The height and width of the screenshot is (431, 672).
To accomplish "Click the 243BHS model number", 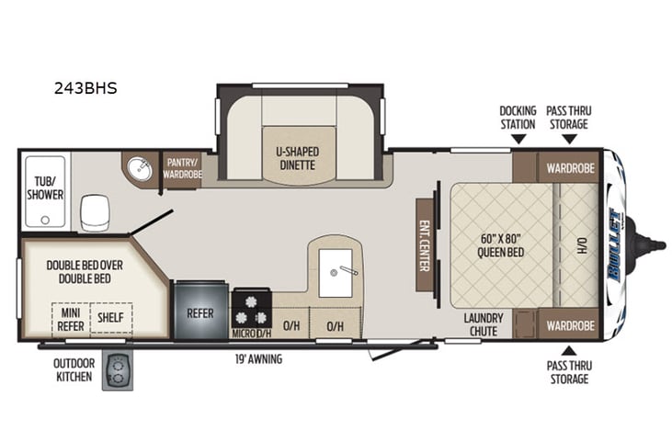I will coord(84,89).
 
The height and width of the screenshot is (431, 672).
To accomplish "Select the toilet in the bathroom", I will coord(96,213).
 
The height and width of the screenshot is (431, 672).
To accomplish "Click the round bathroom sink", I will coord(141,170).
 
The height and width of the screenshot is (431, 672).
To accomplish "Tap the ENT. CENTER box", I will coord(425,245).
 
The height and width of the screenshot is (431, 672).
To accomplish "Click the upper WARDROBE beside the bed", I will coord(569,168).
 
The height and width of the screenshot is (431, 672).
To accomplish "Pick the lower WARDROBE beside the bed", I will coord(569,325).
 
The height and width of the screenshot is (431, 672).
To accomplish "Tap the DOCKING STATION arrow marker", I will coord(518,140).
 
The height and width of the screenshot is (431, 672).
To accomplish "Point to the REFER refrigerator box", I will coord(199,312).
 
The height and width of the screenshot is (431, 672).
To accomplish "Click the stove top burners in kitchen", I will coord(251,301).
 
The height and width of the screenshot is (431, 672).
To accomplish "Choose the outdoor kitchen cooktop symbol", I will coord(118,369).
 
